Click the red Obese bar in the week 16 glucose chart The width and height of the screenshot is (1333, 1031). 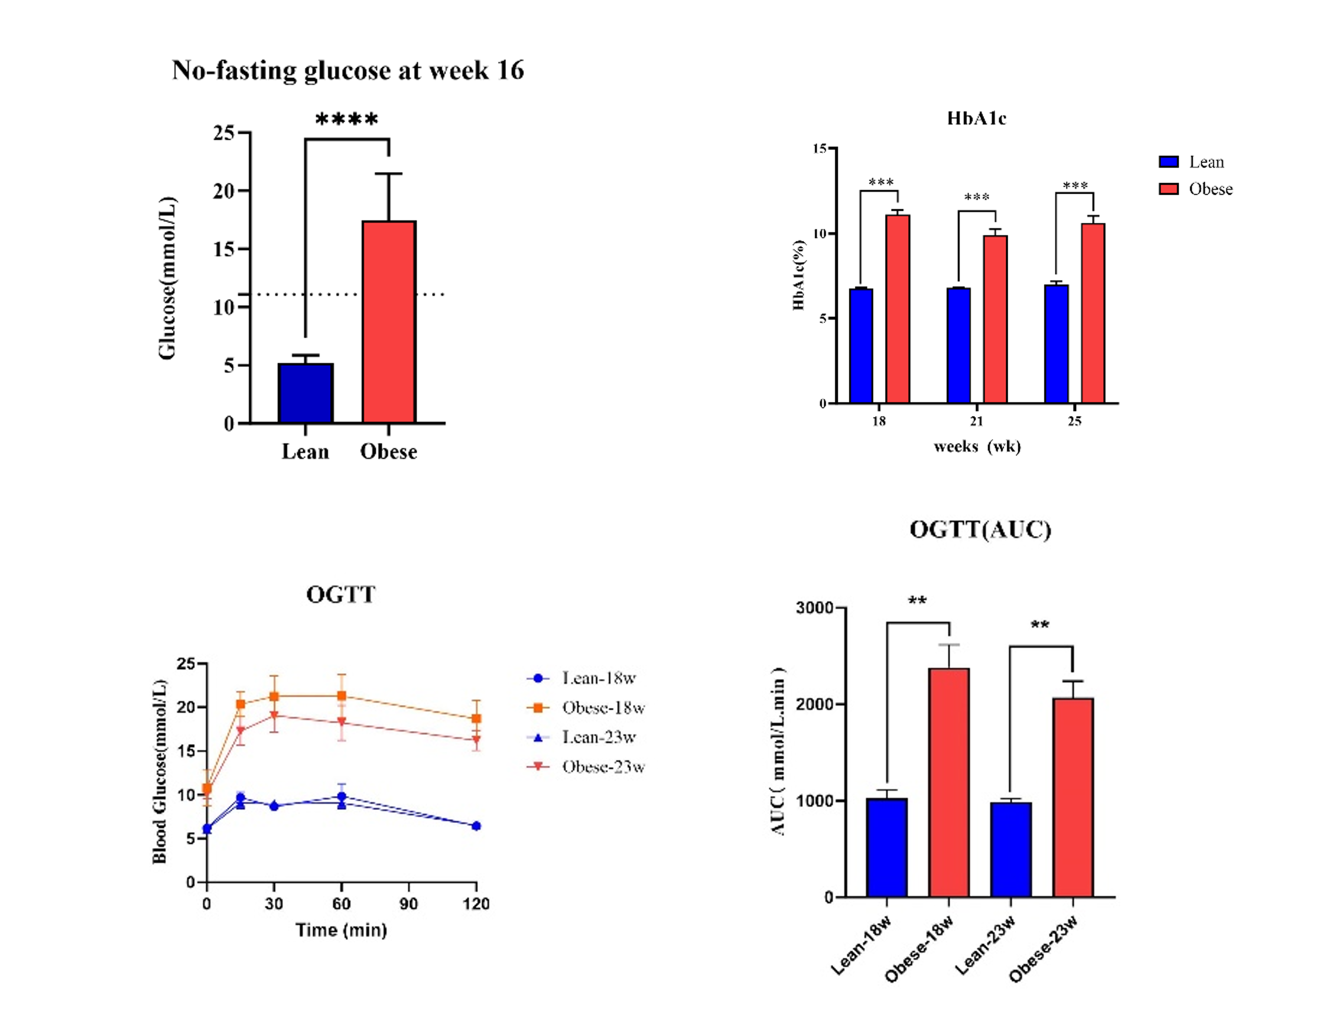(389, 322)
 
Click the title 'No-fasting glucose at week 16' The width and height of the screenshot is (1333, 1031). (348, 70)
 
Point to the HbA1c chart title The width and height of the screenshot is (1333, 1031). (976, 119)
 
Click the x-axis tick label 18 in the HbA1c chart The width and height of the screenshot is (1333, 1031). (878, 421)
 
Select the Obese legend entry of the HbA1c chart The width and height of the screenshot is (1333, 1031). (1196, 189)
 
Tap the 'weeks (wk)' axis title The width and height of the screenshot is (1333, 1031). (977, 446)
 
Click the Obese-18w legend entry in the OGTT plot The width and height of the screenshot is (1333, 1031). (586, 708)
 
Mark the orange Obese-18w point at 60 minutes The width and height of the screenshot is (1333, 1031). (342, 696)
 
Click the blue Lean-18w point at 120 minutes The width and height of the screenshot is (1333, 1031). (476, 826)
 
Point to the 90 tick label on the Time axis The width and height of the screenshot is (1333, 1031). (409, 903)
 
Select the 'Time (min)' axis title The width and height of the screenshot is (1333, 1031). (341, 930)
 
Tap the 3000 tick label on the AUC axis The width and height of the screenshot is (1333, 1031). (815, 608)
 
